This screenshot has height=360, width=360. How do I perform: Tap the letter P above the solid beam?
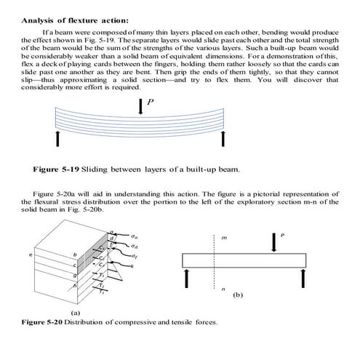(282, 234)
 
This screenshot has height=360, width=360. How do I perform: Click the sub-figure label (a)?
(73, 311)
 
